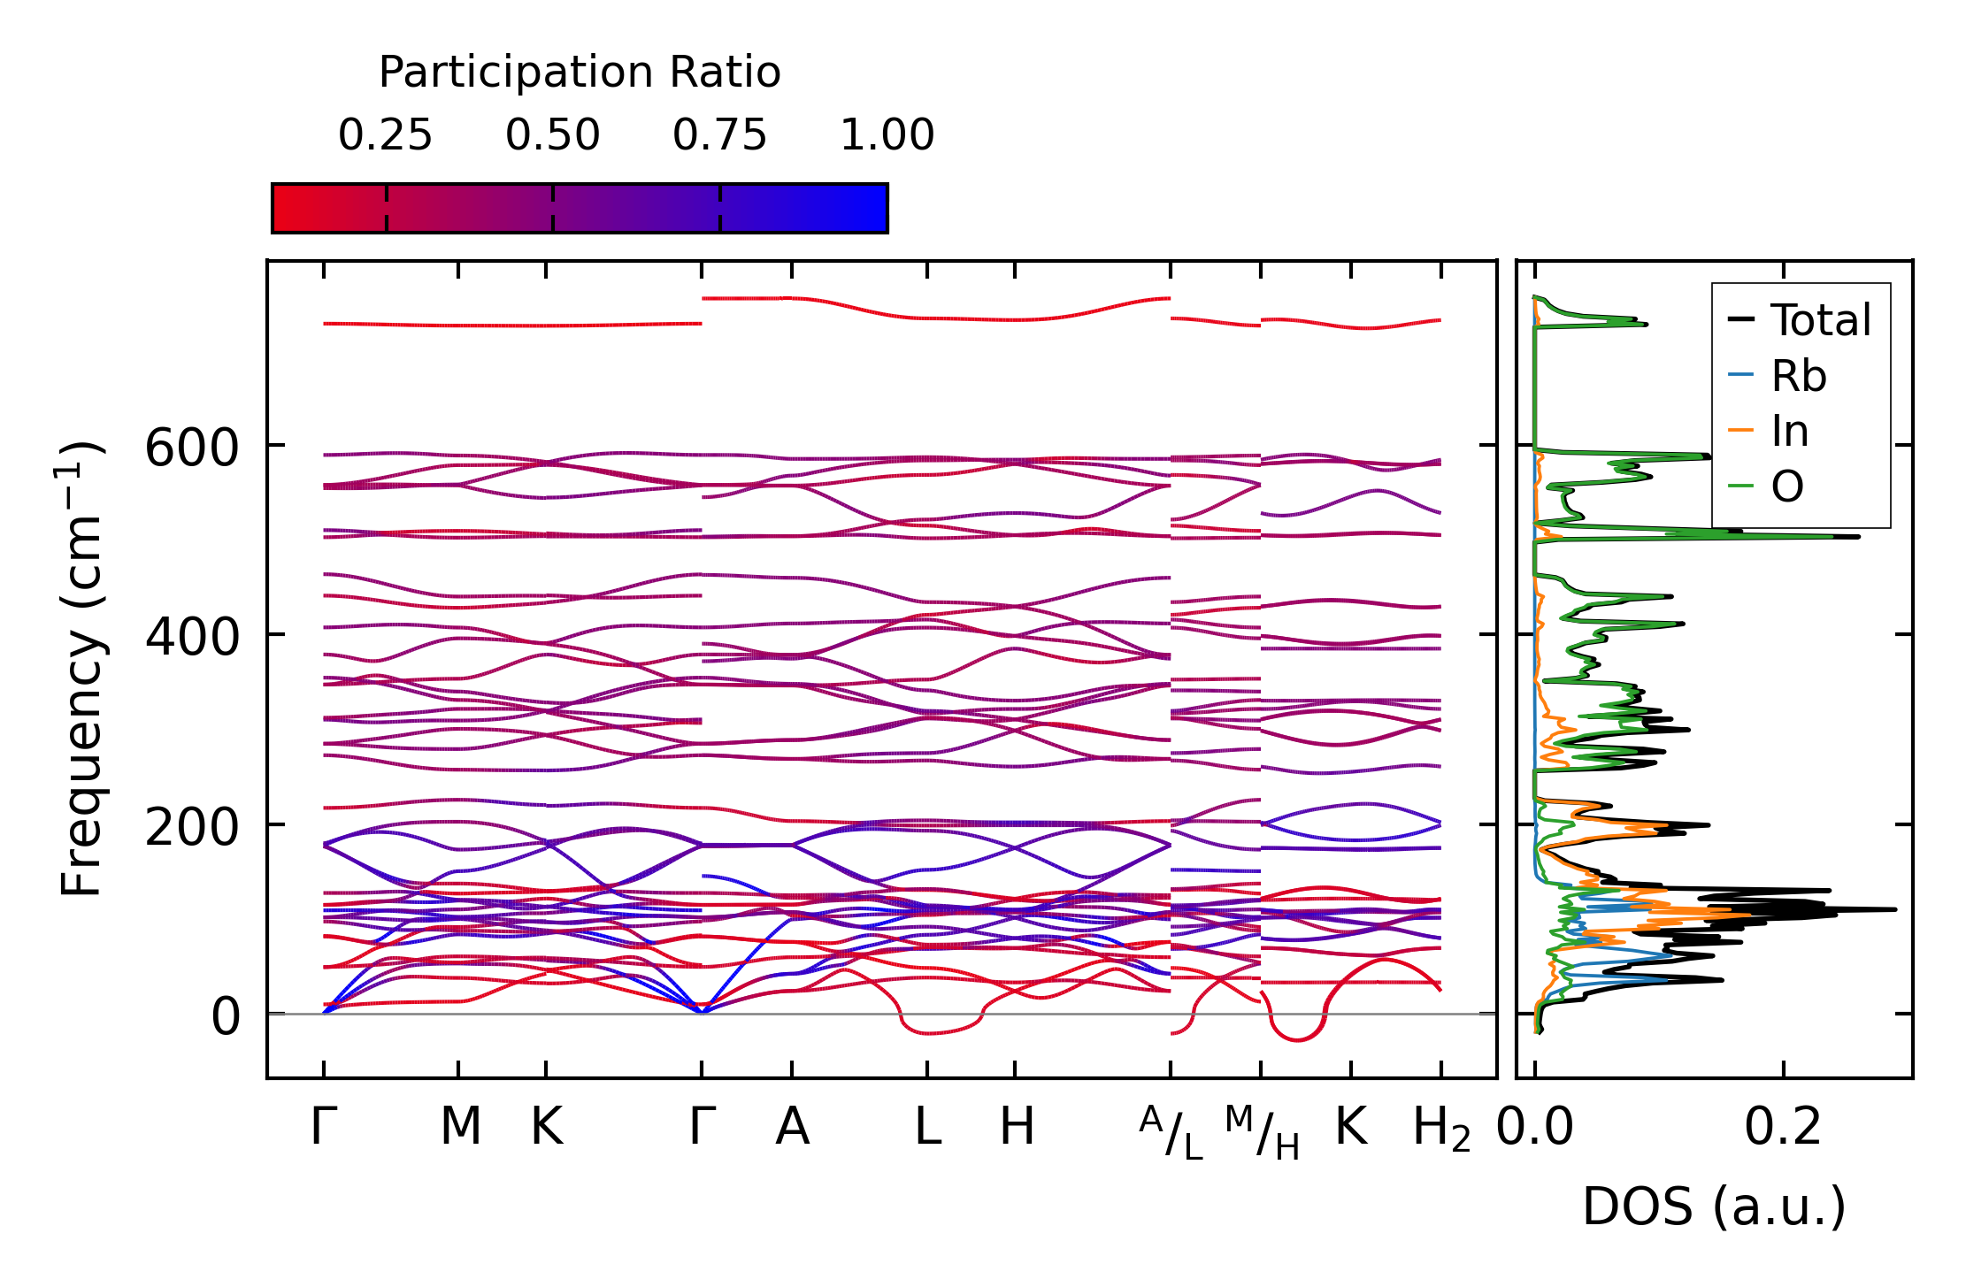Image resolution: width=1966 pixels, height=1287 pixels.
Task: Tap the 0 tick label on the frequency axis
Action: coord(225,1017)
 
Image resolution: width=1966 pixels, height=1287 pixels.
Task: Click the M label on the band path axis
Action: coord(460,1127)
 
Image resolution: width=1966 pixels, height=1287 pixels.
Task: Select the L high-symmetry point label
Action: coord(927,1127)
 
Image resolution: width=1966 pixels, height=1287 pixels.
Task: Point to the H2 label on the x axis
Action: coord(1441,1129)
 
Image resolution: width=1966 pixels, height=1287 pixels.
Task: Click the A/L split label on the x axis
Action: coord(1171,1132)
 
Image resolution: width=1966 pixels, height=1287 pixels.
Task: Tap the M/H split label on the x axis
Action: coord(1262,1132)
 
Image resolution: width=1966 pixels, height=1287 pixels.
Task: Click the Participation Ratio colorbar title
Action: coord(580,72)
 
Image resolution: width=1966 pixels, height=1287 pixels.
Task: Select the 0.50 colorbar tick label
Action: coord(552,135)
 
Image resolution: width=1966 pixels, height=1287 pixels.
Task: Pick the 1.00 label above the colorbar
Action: coord(887,135)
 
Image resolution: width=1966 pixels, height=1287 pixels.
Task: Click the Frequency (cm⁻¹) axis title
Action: coord(81,669)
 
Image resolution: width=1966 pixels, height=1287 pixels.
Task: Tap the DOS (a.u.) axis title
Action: coord(1714,1207)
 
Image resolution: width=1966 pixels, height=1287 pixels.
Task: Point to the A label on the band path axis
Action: coord(792,1127)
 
